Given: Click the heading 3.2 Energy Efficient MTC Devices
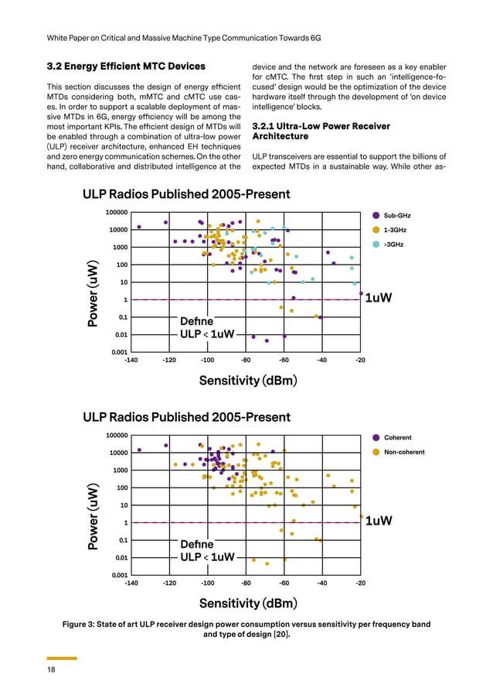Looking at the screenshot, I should click(126, 66).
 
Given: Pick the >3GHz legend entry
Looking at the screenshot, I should click(394, 244).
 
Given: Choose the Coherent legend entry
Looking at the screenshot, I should click(397, 437).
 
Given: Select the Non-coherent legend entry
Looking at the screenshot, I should click(403, 452).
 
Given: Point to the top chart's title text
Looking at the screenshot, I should click(186, 193).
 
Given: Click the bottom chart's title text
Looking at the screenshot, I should click(186, 417).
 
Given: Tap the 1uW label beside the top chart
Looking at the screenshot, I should click(379, 298).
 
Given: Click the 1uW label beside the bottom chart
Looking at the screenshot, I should click(379, 521).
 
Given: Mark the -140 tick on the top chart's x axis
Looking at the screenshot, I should click(131, 360).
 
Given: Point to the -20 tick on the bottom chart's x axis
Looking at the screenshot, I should click(360, 583).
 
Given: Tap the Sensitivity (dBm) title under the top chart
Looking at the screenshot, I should click(248, 380).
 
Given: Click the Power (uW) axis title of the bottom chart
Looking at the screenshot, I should click(93, 517).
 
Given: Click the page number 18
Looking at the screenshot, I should click(50, 670).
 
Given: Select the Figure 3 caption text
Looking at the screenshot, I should click(246, 629).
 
